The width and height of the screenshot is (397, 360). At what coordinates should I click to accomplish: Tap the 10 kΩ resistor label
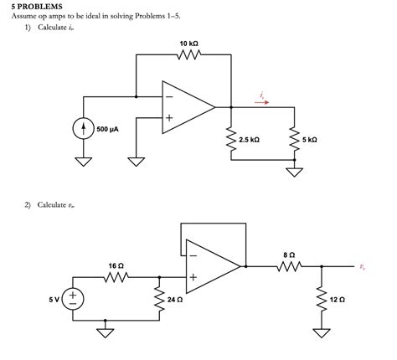[188, 42]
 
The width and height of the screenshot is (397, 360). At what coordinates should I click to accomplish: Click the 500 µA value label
[107, 129]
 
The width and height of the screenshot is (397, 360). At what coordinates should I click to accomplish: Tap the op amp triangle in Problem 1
[186, 106]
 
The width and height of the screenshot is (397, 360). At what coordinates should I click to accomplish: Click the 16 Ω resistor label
[116, 265]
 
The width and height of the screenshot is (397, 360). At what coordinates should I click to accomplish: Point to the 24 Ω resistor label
[174, 299]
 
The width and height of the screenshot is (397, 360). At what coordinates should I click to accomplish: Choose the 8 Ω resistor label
[289, 254]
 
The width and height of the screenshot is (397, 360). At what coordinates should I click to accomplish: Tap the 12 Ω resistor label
[338, 299]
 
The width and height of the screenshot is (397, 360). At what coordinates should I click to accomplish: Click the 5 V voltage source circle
[73, 296]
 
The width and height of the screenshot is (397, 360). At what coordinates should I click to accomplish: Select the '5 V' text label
[52, 296]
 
